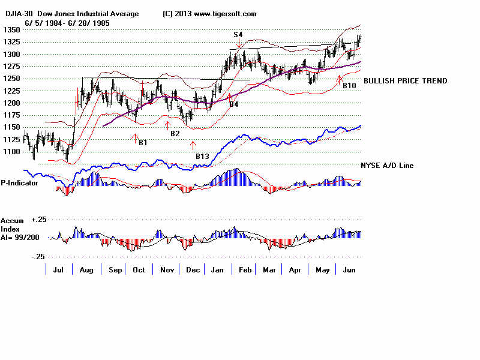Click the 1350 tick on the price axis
pyautogui.click(x=10, y=29)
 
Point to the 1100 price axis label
pyautogui.click(x=10, y=151)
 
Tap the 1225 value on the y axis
pyautogui.click(x=10, y=91)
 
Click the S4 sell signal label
pyautogui.click(x=238, y=35)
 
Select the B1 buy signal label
pyautogui.click(x=143, y=143)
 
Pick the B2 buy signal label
pyautogui.click(x=175, y=133)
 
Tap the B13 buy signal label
pyautogui.click(x=202, y=157)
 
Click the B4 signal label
pyautogui.click(x=234, y=104)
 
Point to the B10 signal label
pyautogui.click(x=349, y=86)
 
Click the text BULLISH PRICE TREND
pyautogui.click(x=405, y=81)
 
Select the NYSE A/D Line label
pyautogui.click(x=386, y=166)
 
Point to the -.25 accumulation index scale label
pyautogui.click(x=37, y=257)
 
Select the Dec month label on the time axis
pyautogui.click(x=192, y=271)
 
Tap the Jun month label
pyautogui.click(x=349, y=271)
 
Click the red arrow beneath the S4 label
pyautogui.click(x=239, y=44)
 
